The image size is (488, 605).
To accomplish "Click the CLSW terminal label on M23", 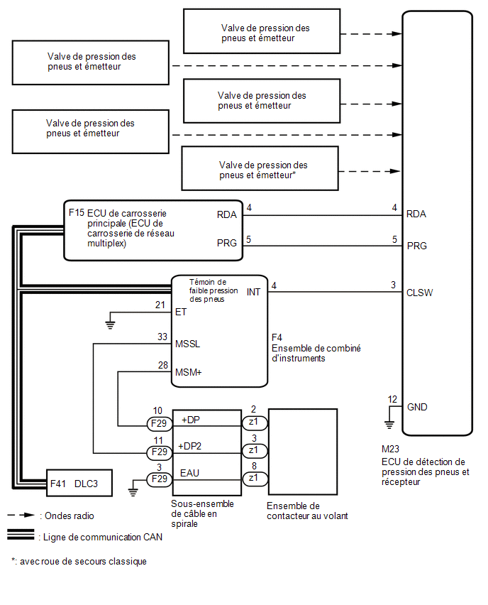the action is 419,293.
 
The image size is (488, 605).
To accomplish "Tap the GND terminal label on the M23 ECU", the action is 417,407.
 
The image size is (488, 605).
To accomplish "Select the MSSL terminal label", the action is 187,344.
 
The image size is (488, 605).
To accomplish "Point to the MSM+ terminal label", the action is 188,372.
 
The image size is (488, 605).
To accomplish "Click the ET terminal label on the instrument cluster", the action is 180,312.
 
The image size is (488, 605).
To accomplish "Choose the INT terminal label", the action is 253,292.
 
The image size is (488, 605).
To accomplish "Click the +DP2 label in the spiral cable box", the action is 189,446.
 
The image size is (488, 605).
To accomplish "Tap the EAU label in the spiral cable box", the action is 189,473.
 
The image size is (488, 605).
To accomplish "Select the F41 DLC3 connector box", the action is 79,483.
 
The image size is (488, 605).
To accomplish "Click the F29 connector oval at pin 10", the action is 159,424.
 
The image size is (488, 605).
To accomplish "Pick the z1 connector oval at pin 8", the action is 254,479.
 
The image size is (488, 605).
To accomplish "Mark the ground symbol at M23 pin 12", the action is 389,425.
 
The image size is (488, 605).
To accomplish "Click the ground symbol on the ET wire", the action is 110,325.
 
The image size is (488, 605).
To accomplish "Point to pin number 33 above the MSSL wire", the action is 162,337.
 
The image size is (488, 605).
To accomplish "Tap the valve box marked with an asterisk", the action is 260,168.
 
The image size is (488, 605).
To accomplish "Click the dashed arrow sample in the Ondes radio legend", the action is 21,515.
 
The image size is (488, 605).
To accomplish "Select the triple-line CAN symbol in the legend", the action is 21,535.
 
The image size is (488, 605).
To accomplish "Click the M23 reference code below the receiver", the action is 391,449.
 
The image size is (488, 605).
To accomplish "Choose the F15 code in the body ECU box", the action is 77,212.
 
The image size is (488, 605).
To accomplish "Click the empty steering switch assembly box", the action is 303,452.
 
